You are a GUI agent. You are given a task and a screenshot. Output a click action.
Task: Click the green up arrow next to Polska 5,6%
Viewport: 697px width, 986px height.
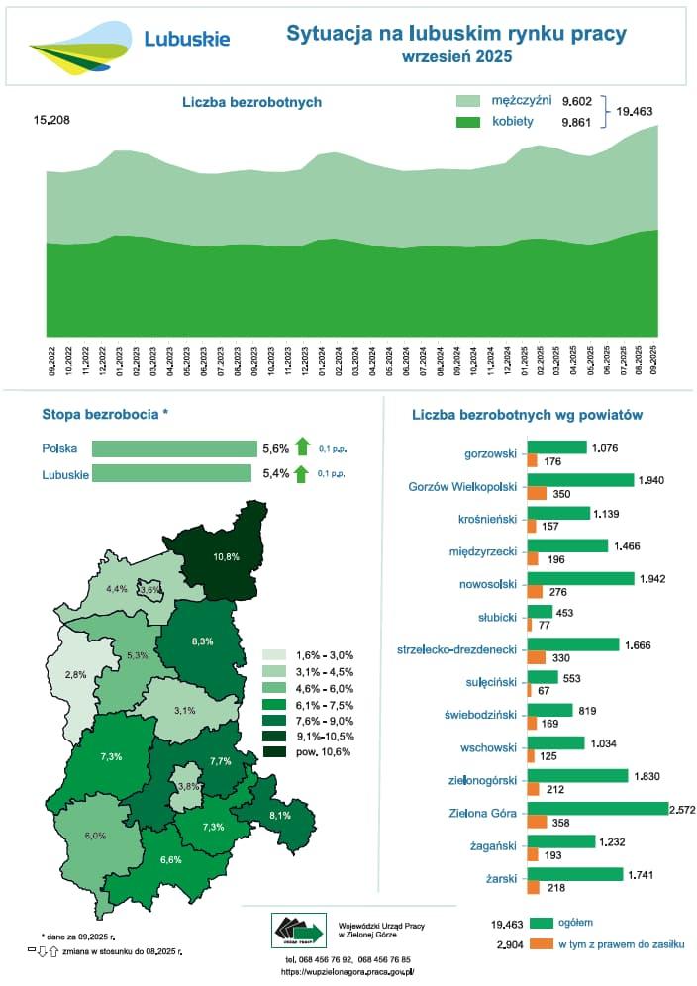coord(302,448)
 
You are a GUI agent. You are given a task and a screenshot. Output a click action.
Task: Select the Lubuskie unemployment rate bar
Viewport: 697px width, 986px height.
coord(171,473)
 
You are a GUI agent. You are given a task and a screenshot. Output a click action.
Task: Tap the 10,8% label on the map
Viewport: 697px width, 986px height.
coord(226,556)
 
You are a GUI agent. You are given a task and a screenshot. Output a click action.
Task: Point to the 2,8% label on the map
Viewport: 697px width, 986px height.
coord(75,674)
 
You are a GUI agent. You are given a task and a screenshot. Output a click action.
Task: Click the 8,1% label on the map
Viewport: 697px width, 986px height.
coord(280,816)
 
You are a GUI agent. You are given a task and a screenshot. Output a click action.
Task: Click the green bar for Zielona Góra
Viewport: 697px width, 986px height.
coord(598,809)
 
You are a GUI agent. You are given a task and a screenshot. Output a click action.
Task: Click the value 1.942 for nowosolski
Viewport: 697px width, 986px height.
coord(655,576)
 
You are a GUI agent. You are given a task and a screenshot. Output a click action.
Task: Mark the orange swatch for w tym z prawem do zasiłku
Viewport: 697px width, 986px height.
coord(541,944)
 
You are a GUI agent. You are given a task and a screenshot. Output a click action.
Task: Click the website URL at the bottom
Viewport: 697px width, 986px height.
coord(348,972)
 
